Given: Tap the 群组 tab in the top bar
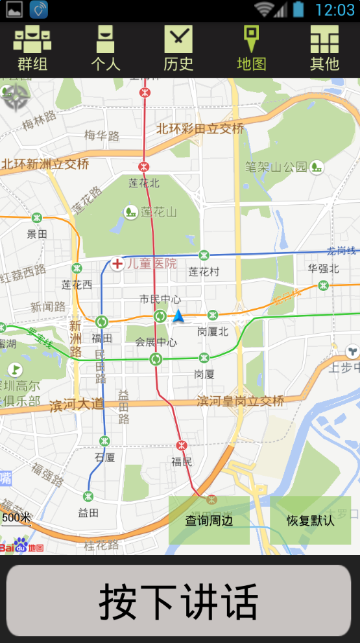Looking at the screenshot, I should pyautogui.click(x=32, y=49).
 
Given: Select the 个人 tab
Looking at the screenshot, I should pyautogui.click(x=105, y=49).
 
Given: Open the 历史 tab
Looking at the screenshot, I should pyautogui.click(x=178, y=49).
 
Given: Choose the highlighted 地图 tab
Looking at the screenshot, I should pyautogui.click(x=251, y=49).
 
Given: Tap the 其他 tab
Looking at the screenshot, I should pyautogui.click(x=324, y=49).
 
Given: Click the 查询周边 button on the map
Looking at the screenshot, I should pyautogui.click(x=209, y=520).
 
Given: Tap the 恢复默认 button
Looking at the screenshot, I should pyautogui.click(x=310, y=520).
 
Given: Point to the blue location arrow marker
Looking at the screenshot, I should pyautogui.click(x=178, y=316).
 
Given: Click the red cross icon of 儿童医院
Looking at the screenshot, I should pyautogui.click(x=117, y=264).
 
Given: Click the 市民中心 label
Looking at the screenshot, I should pyautogui.click(x=160, y=299).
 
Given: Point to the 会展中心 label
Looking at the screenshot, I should pyautogui.click(x=156, y=342).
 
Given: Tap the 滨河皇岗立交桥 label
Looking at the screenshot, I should pyautogui.click(x=241, y=401).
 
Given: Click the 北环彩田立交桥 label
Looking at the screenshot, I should pyautogui.click(x=200, y=128).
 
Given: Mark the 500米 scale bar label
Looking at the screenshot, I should pyautogui.click(x=16, y=517).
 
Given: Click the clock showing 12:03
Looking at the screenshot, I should pyautogui.click(x=335, y=10).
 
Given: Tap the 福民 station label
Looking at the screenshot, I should pyautogui.click(x=182, y=462).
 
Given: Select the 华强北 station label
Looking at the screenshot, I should pyautogui.click(x=323, y=268).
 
